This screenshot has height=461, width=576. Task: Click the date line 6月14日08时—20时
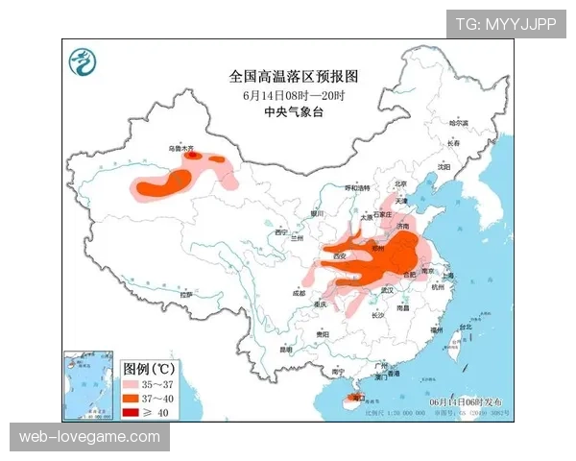tap(293, 94)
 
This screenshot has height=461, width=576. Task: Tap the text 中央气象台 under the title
tap(292, 111)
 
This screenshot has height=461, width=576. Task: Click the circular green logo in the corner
tap(84, 61)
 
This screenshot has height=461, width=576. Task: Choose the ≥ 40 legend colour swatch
tap(134, 411)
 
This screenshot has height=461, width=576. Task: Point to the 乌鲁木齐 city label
tap(181, 149)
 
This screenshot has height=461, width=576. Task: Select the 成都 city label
tap(299, 294)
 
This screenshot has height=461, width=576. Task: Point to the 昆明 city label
tap(285, 350)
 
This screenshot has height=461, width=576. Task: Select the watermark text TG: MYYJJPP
tap(505, 24)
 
